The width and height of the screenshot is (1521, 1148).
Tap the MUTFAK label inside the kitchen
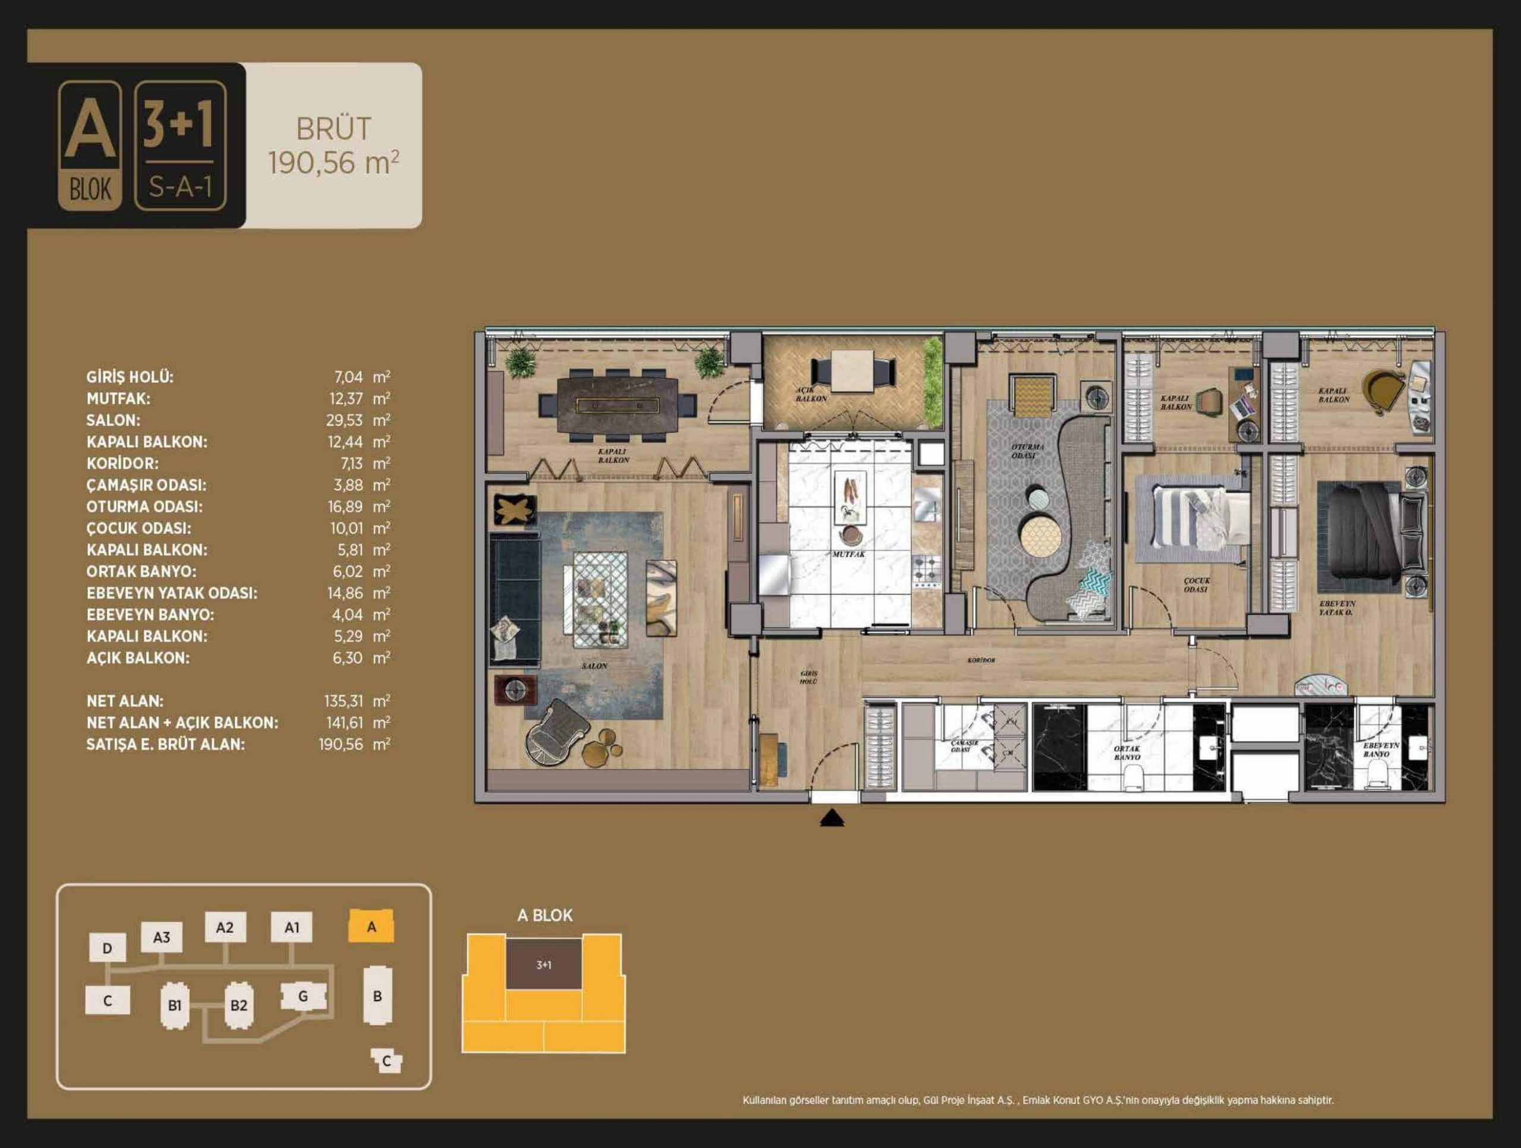pyautogui.click(x=848, y=553)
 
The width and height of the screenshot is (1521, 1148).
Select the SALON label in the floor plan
pyautogui.click(x=594, y=666)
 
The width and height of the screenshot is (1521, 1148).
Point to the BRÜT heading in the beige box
pyautogui.click(x=333, y=130)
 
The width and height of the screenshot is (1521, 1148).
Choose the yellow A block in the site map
pyautogui.click(x=371, y=926)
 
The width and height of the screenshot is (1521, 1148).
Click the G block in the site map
pyautogui.click(x=302, y=996)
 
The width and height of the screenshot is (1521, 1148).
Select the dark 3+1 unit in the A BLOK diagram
pyautogui.click(x=544, y=964)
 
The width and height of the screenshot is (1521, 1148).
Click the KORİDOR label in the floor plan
pyautogui.click(x=982, y=661)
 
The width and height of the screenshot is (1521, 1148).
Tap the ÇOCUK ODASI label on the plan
pyautogui.click(x=1197, y=584)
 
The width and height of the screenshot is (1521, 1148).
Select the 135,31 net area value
pyautogui.click(x=343, y=701)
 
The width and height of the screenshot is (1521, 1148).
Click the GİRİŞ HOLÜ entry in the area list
pyautogui.click(x=130, y=377)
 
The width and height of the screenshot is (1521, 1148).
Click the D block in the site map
pyautogui.click(x=108, y=948)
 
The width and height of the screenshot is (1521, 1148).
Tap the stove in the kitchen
pyautogui.click(x=926, y=570)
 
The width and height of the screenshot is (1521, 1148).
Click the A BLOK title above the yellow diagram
pyautogui.click(x=545, y=915)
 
